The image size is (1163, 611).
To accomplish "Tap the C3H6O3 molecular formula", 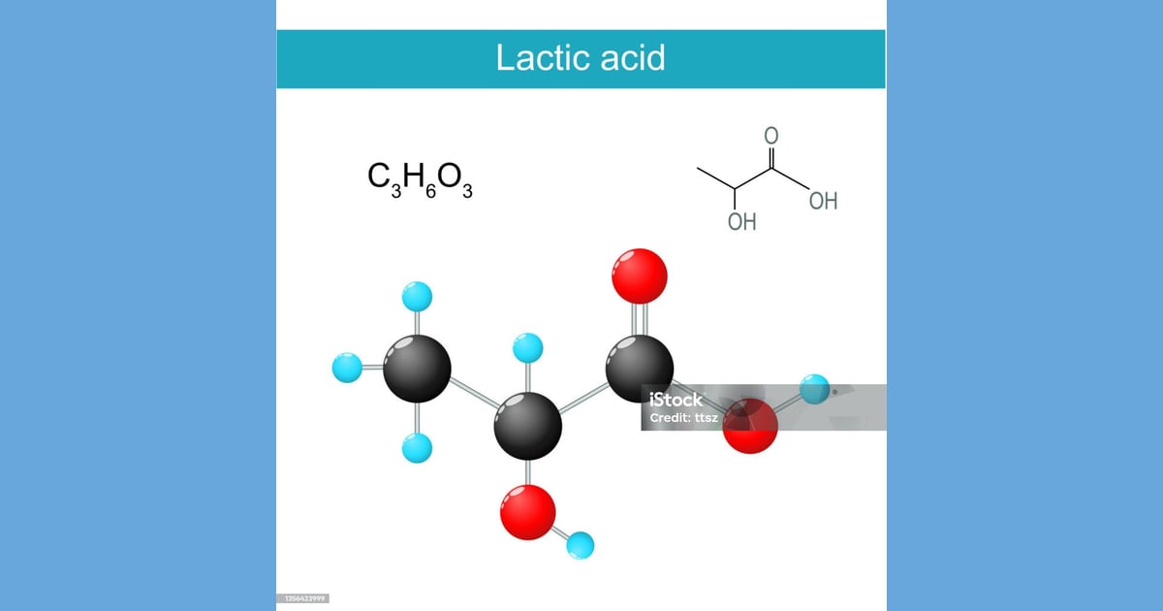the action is coord(420,179).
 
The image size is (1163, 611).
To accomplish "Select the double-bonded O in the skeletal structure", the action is coord(771,136).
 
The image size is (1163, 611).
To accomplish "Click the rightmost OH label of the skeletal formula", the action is coord(824,201).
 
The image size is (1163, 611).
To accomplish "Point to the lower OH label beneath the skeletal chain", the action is coord(742,222).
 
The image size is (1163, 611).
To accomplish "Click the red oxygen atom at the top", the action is coord(639,275).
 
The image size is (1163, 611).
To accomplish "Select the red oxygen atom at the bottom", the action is coord(527,512).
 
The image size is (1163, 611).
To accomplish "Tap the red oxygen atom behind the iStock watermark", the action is coord(750,426).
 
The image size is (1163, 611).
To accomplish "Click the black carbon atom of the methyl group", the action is coord(417,369).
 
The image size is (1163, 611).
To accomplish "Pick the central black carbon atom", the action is coord(527,426).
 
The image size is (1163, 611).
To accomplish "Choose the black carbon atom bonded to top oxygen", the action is coord(639,369).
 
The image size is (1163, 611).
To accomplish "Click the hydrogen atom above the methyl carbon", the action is coord(417,297).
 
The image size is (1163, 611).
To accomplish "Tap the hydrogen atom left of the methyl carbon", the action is coord(347,368).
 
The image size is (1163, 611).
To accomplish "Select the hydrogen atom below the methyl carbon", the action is coord(417,448).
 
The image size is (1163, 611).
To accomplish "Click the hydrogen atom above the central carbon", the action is coord(527,347).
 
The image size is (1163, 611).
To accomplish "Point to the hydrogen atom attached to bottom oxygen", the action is coord(580,545).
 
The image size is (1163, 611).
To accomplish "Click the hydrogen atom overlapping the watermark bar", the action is coord(814,389).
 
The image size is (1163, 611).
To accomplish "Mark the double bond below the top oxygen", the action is coord(639,319).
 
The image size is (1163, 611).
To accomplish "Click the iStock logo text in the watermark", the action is coord(676,400).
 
